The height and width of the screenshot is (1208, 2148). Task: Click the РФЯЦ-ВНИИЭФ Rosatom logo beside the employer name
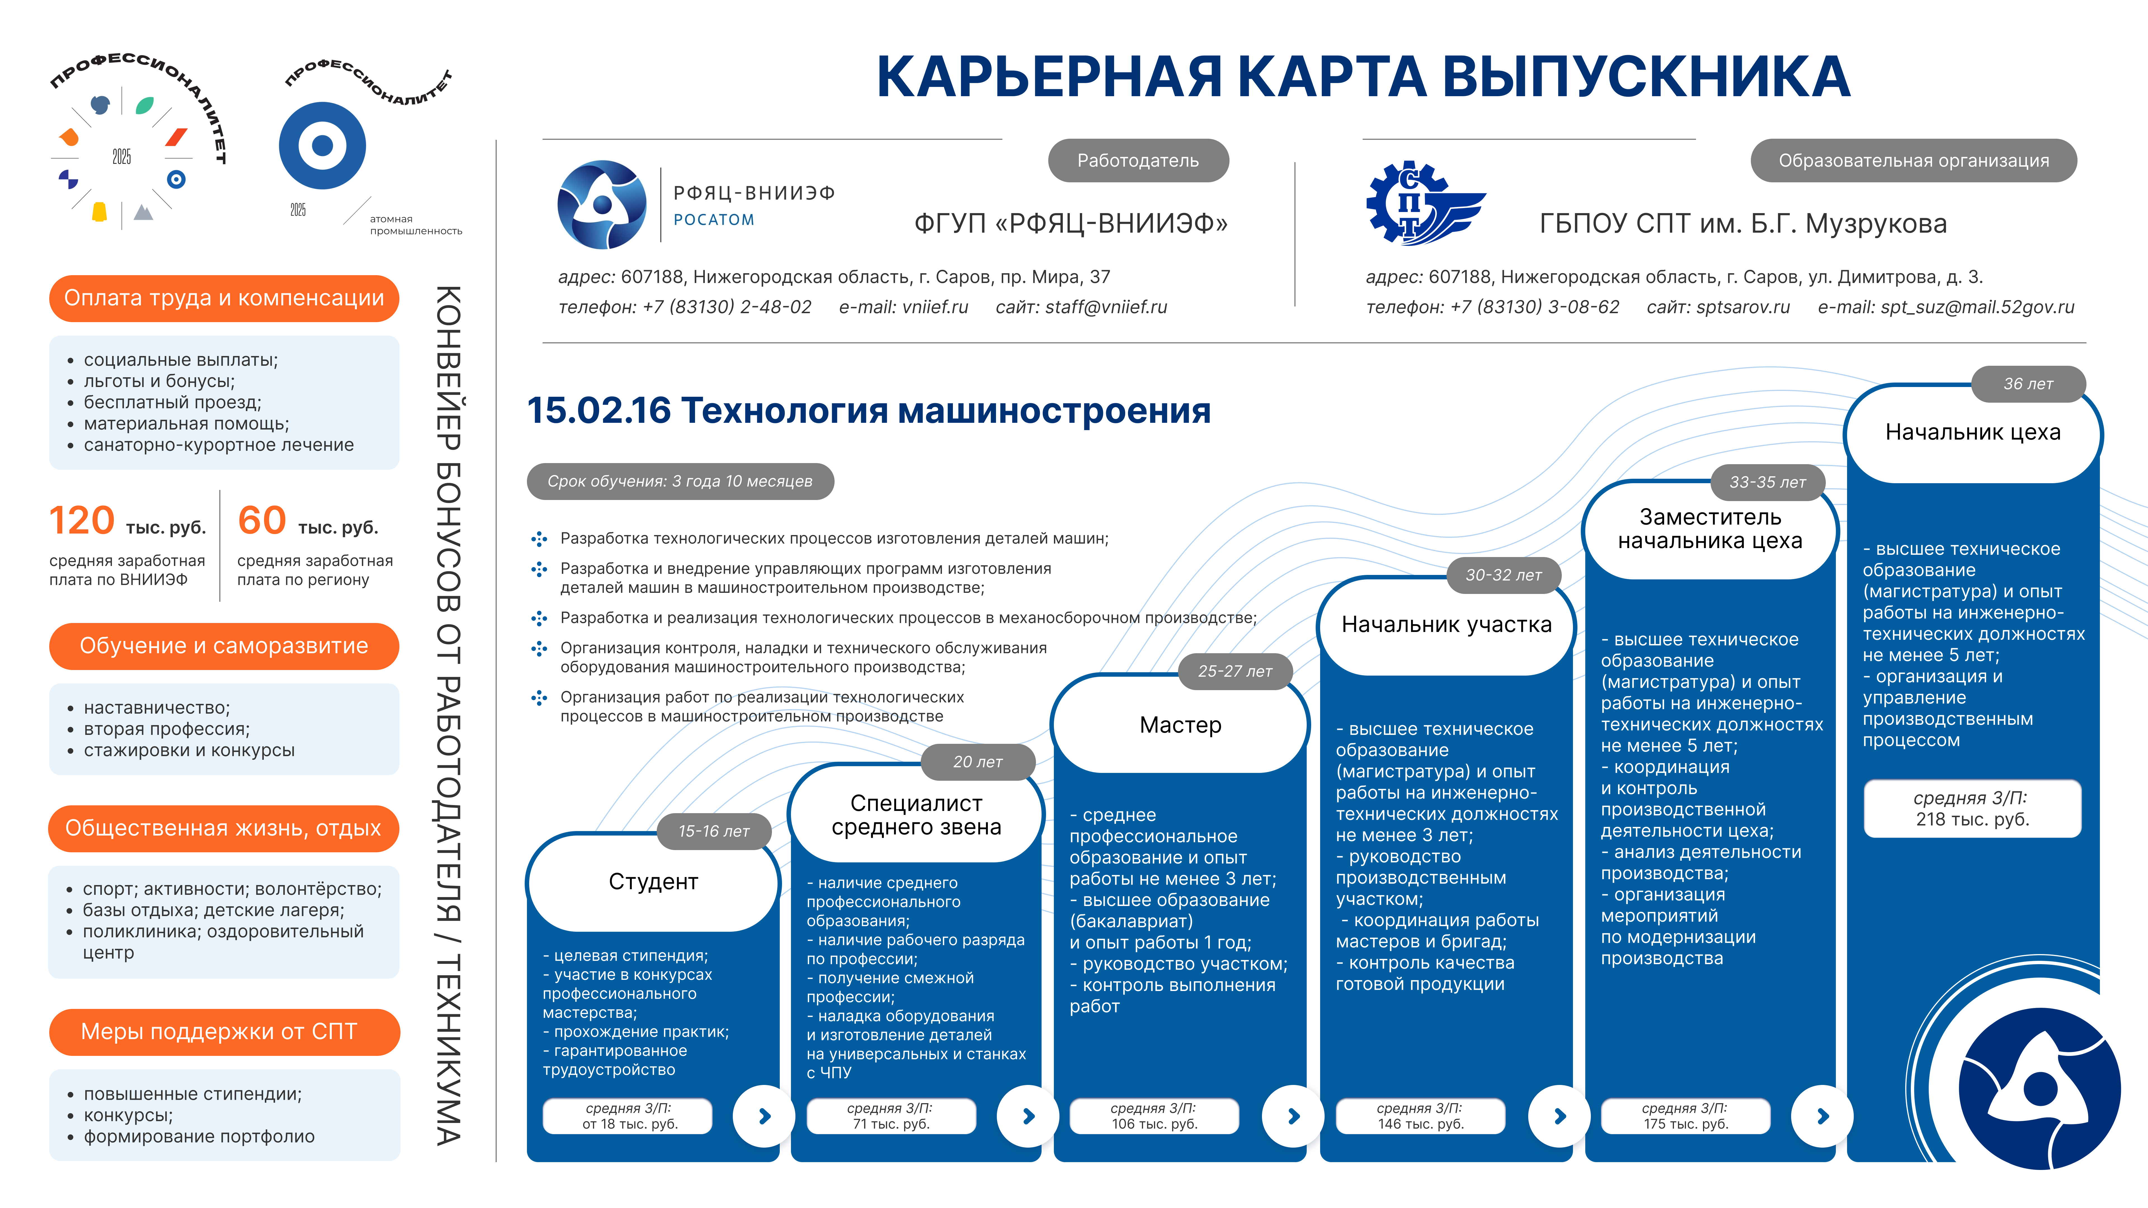coord(601,204)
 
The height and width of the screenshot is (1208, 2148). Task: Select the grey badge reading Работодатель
coord(1137,161)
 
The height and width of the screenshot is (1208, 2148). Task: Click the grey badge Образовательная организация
coord(1913,161)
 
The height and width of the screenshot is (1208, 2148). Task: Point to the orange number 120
coord(82,521)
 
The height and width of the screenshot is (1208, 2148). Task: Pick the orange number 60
coord(262,521)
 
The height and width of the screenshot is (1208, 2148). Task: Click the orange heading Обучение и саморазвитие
coord(223,646)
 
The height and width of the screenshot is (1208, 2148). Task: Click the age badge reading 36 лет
coord(2028,384)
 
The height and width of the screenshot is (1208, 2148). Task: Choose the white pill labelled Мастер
coord(1180,725)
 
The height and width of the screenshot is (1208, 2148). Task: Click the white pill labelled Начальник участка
coord(1446,625)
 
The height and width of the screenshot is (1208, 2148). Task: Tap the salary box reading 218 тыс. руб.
coord(1972,809)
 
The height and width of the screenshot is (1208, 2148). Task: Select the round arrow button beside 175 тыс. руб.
coord(1823,1116)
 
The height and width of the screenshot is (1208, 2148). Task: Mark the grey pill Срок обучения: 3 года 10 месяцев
coord(680,482)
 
